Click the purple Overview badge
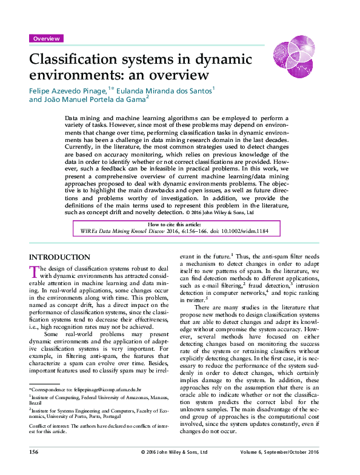click(46, 39)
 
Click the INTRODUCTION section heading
click(59, 257)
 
